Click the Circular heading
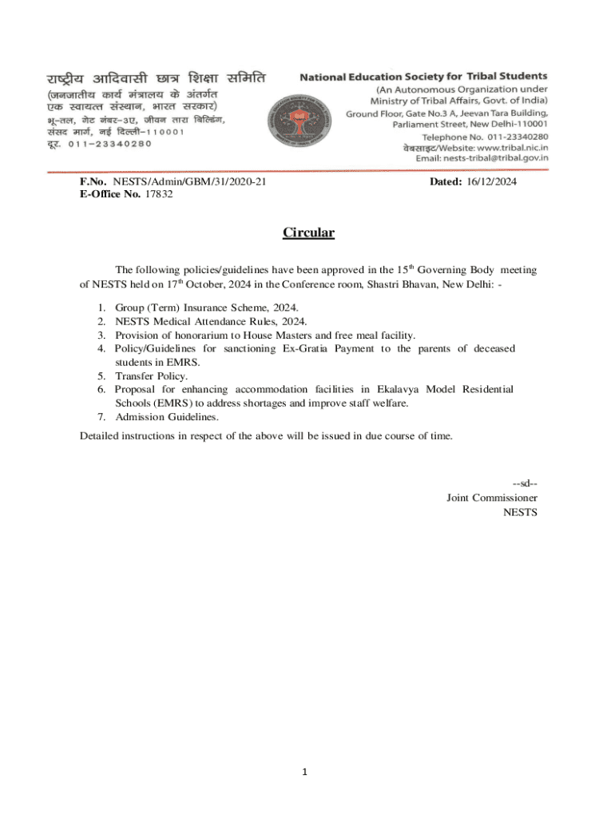308,233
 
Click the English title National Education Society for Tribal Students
423,77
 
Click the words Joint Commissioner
491,497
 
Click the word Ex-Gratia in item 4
307,349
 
